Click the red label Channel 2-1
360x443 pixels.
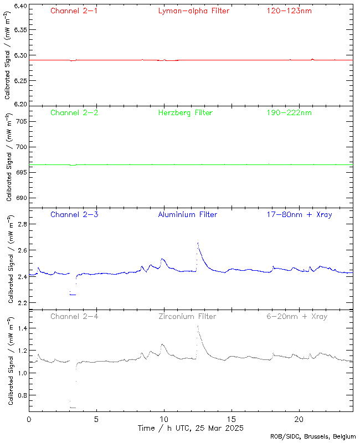click(x=74, y=11)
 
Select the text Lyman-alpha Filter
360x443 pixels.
click(x=193, y=11)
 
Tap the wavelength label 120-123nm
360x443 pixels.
click(x=288, y=11)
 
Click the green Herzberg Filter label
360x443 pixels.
click(x=185, y=112)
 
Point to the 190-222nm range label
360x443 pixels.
click(x=288, y=112)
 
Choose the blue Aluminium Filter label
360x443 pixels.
click(x=188, y=214)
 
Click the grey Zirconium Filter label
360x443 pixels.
click(x=187, y=316)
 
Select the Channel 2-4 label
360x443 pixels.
click(x=74, y=316)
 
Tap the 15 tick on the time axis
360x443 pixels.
click(x=232, y=420)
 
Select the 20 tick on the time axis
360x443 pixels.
click(x=299, y=420)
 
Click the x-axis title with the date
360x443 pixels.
click(x=191, y=428)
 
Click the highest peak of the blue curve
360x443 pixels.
click(x=198, y=243)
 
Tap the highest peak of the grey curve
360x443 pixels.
click(x=198, y=326)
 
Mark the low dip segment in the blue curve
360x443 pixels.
click(x=73, y=295)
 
